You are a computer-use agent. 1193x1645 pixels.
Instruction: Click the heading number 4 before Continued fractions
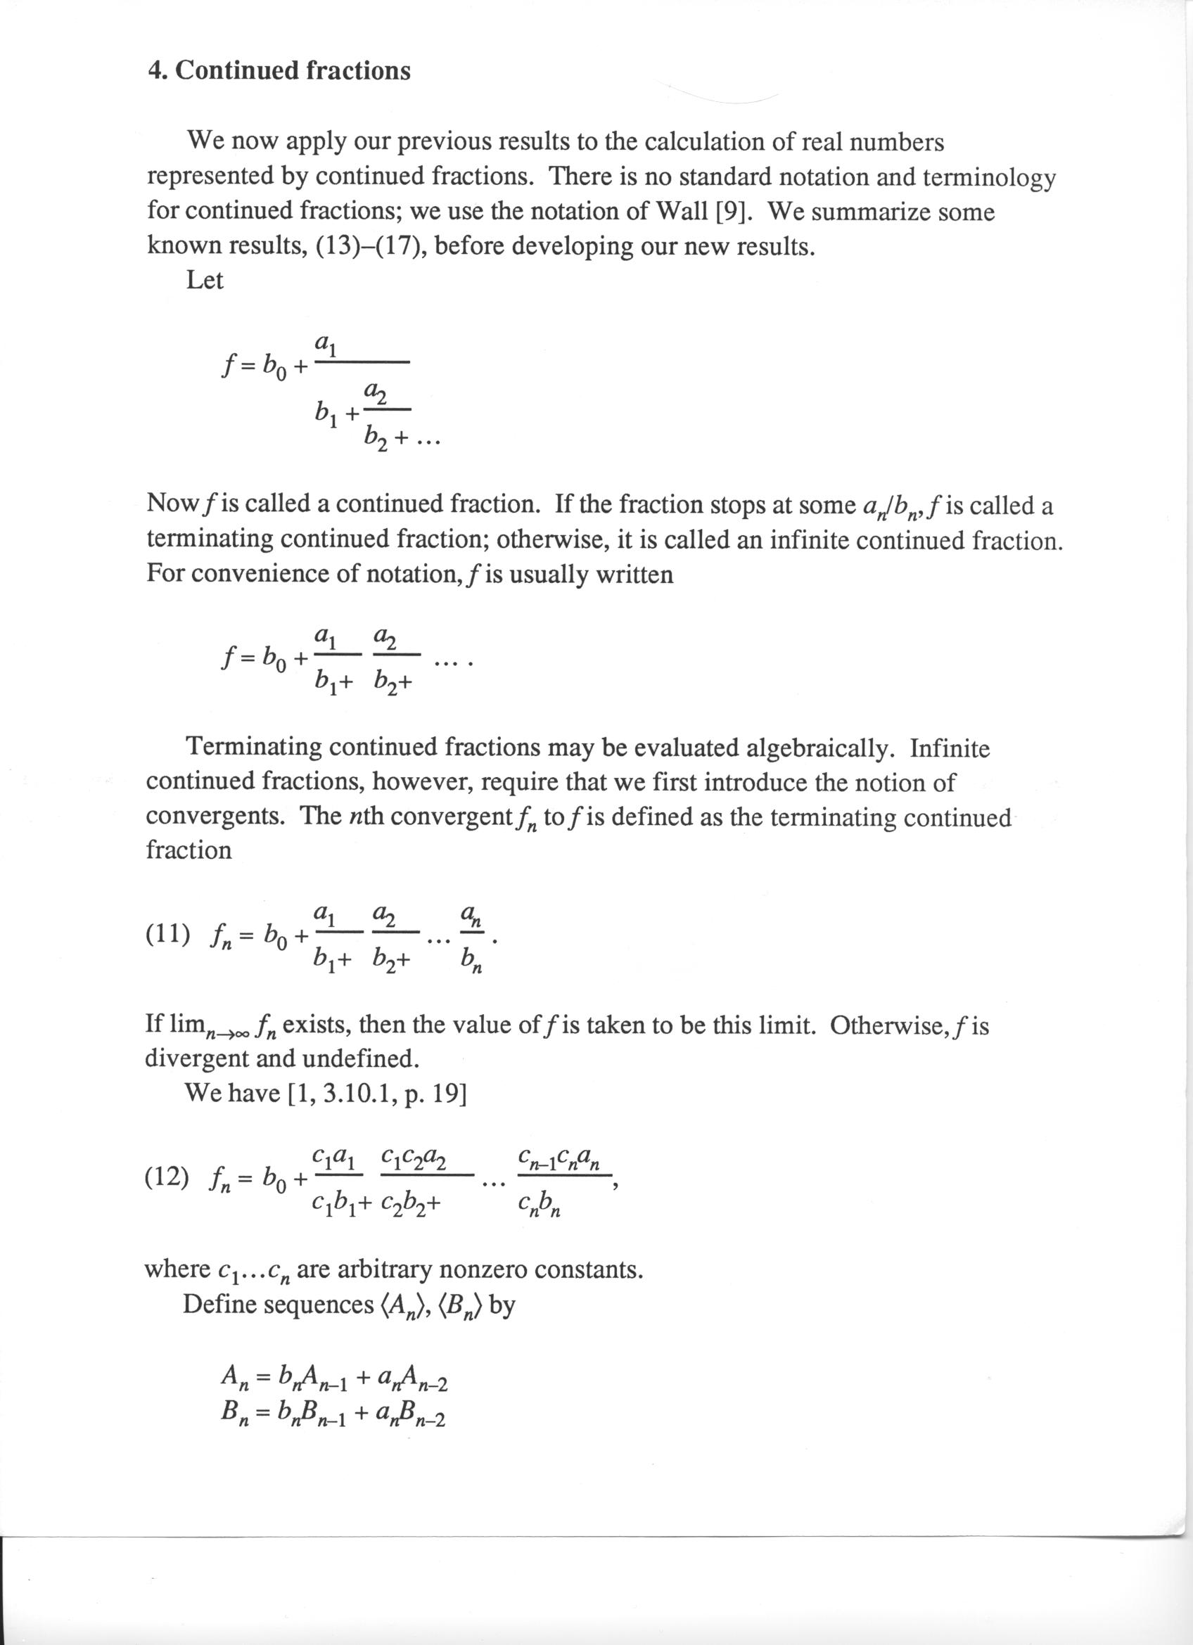pos(155,71)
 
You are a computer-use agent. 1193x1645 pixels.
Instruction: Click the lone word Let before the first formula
pos(205,280)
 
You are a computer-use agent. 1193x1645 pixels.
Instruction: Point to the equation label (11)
pos(168,935)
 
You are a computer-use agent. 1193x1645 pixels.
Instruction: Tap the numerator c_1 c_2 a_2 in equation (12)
pos(413,1156)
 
